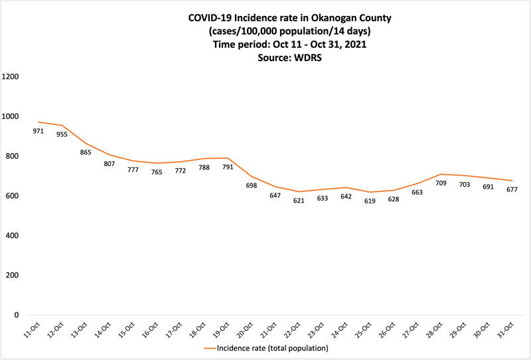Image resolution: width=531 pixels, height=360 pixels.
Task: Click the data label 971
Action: [x=38, y=132]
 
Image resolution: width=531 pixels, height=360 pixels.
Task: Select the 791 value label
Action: [x=228, y=167]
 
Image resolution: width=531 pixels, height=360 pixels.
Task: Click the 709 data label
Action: [x=441, y=183]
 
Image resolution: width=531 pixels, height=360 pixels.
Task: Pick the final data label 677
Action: [x=512, y=190]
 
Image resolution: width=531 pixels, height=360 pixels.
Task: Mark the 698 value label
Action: [x=251, y=185]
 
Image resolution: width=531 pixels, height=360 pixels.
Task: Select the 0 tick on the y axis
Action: [x=17, y=315]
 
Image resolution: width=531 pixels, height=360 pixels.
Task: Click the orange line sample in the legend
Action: [x=213, y=347]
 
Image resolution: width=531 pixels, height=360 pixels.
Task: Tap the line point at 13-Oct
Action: [x=85, y=143]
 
